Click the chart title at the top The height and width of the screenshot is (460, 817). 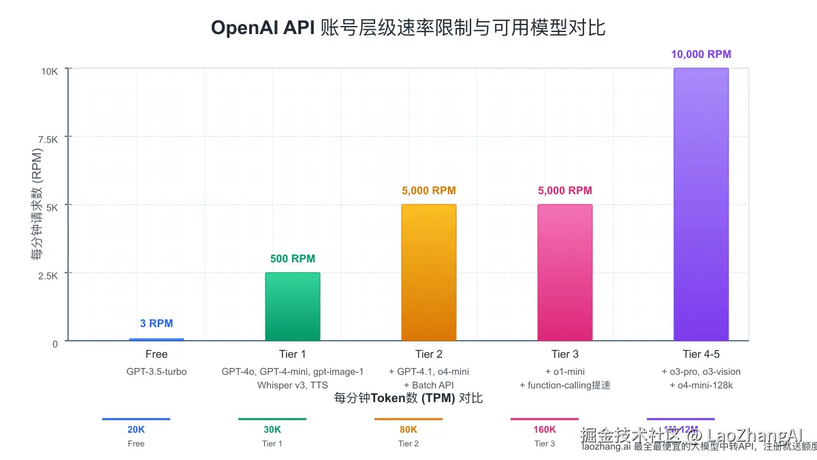click(408, 27)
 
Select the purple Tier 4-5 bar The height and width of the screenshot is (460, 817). click(701, 204)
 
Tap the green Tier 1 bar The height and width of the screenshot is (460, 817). click(292, 307)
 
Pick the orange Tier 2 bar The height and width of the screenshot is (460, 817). click(428, 273)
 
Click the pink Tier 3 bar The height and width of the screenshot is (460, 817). click(564, 273)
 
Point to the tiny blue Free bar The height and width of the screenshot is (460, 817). click(156, 339)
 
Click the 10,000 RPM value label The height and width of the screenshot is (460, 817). click(701, 55)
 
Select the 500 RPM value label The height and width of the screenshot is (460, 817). click(292, 259)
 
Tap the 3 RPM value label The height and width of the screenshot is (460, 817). click(156, 324)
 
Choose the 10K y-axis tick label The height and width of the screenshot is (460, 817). click(50, 71)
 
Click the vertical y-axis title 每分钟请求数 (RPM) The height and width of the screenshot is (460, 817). click(37, 204)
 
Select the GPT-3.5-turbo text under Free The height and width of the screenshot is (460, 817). click(156, 372)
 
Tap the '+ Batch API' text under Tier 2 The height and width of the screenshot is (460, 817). click(428, 385)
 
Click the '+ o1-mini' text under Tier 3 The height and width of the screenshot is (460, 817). click(564, 372)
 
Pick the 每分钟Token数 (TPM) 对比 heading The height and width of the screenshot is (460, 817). click(408, 398)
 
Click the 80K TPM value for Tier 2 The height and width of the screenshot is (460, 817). click(408, 430)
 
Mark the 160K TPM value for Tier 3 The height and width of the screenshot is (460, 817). click(545, 430)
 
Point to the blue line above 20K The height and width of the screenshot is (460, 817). click(136, 419)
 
